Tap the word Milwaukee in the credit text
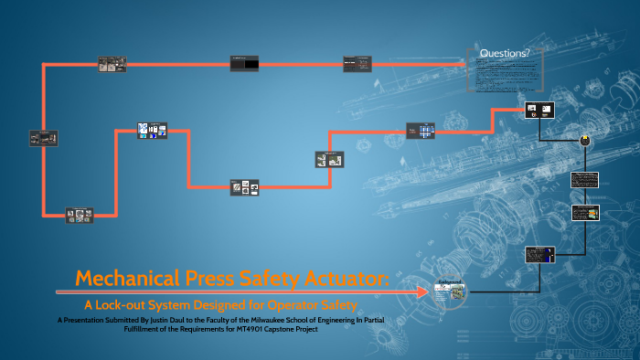(x=348, y=321)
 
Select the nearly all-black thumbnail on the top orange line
(x=245, y=63)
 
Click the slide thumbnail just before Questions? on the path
(x=357, y=63)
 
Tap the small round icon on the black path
(x=582, y=140)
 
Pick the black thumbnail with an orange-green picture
(x=584, y=213)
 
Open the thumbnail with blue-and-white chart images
(x=152, y=131)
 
